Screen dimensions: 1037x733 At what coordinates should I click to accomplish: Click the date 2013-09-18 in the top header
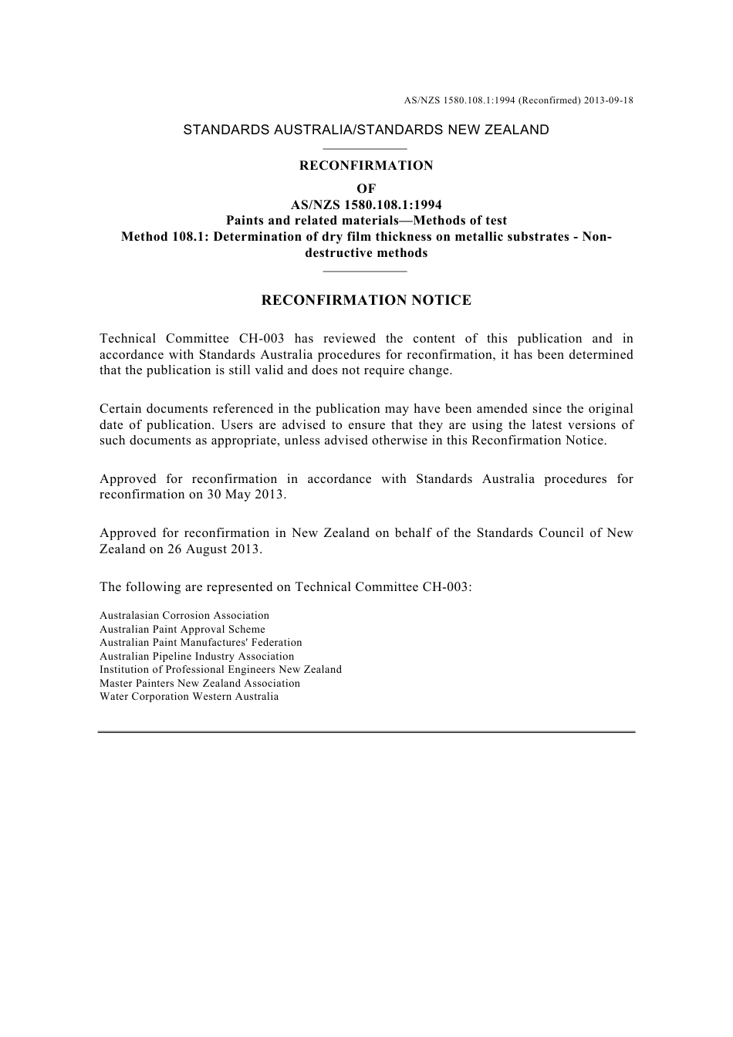607,100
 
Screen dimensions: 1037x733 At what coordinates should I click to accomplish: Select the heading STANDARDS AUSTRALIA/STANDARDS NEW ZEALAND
366,130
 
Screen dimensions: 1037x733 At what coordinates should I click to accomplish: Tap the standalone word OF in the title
366,189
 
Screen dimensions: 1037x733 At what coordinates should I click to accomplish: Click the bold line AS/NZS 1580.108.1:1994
366,204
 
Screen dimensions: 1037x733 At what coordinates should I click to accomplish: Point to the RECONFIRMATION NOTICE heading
366,300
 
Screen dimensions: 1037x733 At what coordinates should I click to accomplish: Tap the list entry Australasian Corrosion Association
184,616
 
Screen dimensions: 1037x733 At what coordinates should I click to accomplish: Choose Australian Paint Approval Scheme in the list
182,630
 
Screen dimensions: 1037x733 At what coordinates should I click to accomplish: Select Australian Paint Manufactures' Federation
201,643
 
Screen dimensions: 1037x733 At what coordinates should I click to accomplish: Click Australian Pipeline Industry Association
197,657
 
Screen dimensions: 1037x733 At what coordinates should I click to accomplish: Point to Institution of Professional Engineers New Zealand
221,670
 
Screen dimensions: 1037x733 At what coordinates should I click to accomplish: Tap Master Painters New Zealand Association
200,684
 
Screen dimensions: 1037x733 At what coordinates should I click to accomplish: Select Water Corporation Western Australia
189,697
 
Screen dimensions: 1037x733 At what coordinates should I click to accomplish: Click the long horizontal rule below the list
366,731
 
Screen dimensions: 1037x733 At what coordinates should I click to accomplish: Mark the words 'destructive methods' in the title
366,253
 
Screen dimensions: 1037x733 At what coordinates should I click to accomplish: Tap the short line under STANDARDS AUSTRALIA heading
365,148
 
